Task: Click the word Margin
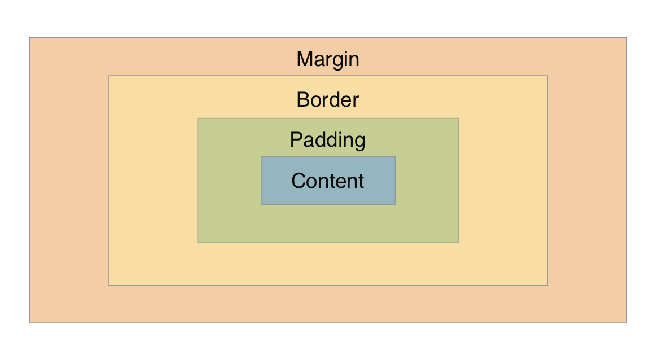click(x=328, y=59)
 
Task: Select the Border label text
click(x=327, y=100)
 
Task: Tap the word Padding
click(x=327, y=140)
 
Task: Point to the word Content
click(x=327, y=181)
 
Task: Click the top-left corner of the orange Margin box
click(x=30, y=38)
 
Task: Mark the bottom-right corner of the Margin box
click(x=626, y=322)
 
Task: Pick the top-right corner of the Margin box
click(x=626, y=38)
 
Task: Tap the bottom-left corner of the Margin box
click(x=30, y=322)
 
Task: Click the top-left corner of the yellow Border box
click(x=109, y=76)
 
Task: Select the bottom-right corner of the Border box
click(x=547, y=285)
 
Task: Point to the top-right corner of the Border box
click(x=547, y=76)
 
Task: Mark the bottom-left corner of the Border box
click(x=109, y=285)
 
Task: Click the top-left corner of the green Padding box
click(x=198, y=118)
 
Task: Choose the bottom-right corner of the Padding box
click(x=459, y=243)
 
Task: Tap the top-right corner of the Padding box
click(x=459, y=118)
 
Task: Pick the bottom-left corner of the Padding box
click(x=198, y=243)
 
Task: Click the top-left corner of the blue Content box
click(x=261, y=157)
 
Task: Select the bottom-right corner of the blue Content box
click(x=395, y=204)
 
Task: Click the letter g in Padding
click(x=359, y=142)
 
